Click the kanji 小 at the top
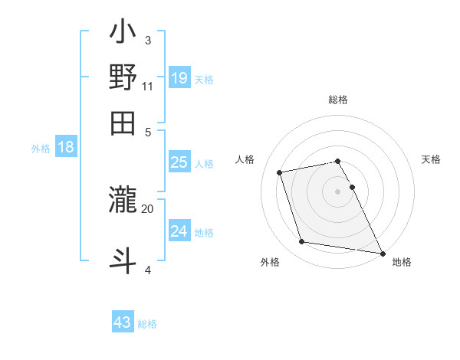tap(123, 34)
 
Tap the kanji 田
tap(123, 123)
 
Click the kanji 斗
tap(123, 259)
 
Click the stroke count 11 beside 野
tap(147, 86)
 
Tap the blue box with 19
tap(179, 78)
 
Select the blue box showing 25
tap(179, 162)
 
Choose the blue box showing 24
tap(179, 231)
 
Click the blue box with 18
tap(66, 148)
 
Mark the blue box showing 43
tap(122, 322)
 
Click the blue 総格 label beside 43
tap(147, 324)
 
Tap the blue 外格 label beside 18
tap(41, 149)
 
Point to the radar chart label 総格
tap(338, 100)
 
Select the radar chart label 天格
tap(432, 159)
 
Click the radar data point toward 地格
tap(382, 252)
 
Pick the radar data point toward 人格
tap(280, 172)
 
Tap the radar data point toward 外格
tap(302, 242)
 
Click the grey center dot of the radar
tap(338, 191)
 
